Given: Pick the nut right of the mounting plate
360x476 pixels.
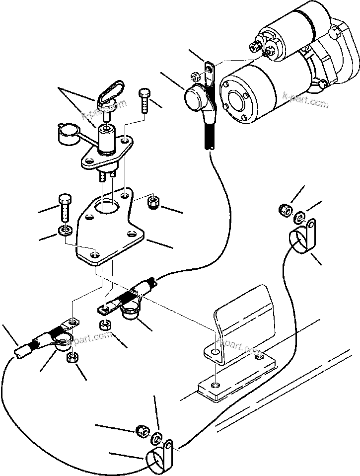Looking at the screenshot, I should (153, 202).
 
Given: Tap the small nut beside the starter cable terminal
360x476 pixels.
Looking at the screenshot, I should (196, 77).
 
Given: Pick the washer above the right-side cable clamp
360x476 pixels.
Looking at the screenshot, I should (300, 217).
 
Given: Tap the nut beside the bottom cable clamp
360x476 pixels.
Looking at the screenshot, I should (142, 430).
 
